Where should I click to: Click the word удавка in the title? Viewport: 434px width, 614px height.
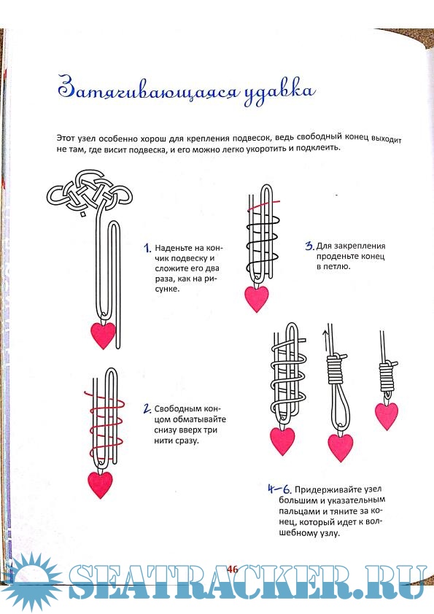click(x=279, y=92)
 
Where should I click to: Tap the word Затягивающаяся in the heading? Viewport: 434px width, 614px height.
click(x=147, y=89)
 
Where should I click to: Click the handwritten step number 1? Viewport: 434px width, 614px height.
click(x=147, y=248)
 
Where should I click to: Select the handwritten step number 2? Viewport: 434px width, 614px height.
click(x=147, y=409)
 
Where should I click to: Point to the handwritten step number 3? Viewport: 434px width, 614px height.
click(x=309, y=246)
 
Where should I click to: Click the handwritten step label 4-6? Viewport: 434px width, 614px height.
click(x=279, y=489)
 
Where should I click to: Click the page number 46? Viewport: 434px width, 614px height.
click(x=232, y=569)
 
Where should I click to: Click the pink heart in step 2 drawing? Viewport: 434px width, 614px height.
click(x=100, y=485)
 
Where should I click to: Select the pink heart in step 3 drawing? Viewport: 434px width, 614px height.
click(x=257, y=299)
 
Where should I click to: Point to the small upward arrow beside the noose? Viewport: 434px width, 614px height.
click(x=325, y=341)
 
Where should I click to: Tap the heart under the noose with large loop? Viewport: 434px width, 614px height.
click(x=341, y=447)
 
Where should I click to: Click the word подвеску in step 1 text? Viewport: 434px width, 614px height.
click(x=188, y=258)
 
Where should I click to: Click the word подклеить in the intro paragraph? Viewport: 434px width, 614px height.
click(x=319, y=149)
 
